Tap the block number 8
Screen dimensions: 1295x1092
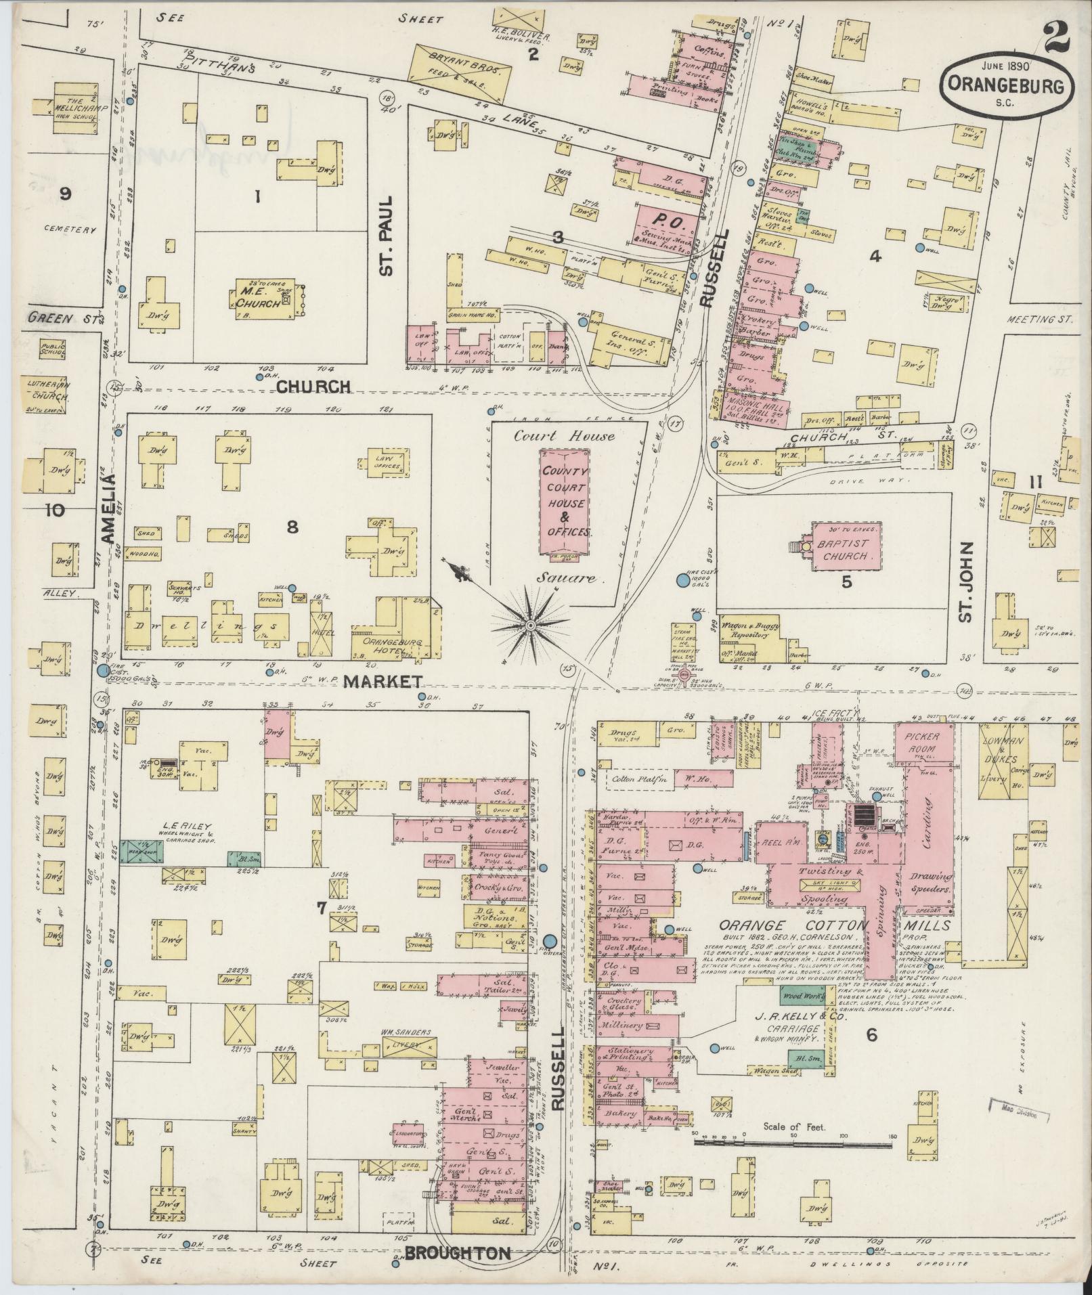[x=292, y=527]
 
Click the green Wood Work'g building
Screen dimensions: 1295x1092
[x=802, y=996]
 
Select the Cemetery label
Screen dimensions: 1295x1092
[x=69, y=230]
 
